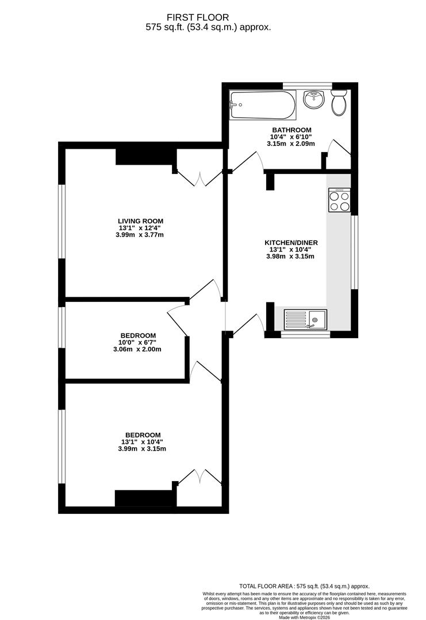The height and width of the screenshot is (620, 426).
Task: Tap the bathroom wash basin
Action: [313, 99]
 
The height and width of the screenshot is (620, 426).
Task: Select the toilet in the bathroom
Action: [339, 102]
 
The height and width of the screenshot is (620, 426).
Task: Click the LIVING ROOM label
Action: [141, 221]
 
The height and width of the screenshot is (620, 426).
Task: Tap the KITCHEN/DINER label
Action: [291, 243]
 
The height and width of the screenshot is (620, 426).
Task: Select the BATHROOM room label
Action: [291, 130]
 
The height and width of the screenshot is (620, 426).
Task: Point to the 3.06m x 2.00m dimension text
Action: [137, 349]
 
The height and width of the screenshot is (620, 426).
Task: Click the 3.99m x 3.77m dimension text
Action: [141, 234]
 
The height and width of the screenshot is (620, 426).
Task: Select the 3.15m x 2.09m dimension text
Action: [291, 144]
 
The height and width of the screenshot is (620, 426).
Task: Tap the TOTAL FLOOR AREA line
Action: [304, 586]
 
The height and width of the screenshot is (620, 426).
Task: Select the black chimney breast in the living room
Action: [145, 156]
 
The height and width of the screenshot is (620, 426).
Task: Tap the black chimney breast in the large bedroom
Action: [145, 498]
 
